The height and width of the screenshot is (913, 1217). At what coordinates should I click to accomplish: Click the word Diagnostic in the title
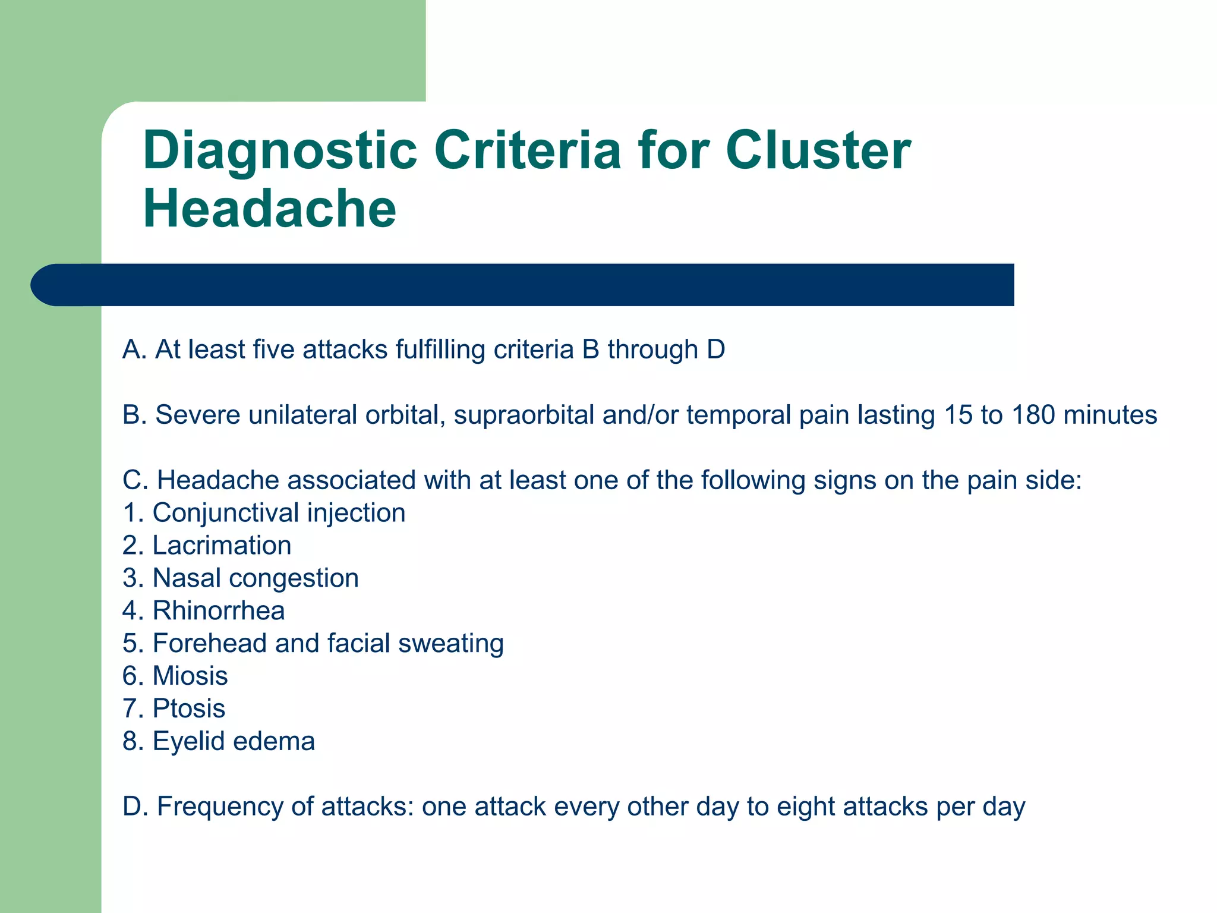click(x=279, y=152)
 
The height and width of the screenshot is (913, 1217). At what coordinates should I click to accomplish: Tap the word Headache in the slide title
click(x=269, y=209)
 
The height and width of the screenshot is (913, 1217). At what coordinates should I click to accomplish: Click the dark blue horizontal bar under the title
click(x=523, y=285)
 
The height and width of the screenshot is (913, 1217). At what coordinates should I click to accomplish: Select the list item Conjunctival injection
click(x=264, y=513)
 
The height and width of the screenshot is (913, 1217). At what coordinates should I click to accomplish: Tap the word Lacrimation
click(x=222, y=546)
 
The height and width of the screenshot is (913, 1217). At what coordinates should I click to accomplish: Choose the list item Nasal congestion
click(x=241, y=578)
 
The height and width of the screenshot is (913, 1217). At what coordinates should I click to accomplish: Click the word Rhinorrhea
click(x=219, y=611)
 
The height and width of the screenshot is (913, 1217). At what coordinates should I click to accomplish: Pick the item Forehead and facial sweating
click(x=313, y=644)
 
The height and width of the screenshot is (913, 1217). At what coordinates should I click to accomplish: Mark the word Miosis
click(x=190, y=676)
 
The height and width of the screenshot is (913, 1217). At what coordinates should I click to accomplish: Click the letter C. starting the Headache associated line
click(x=134, y=480)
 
